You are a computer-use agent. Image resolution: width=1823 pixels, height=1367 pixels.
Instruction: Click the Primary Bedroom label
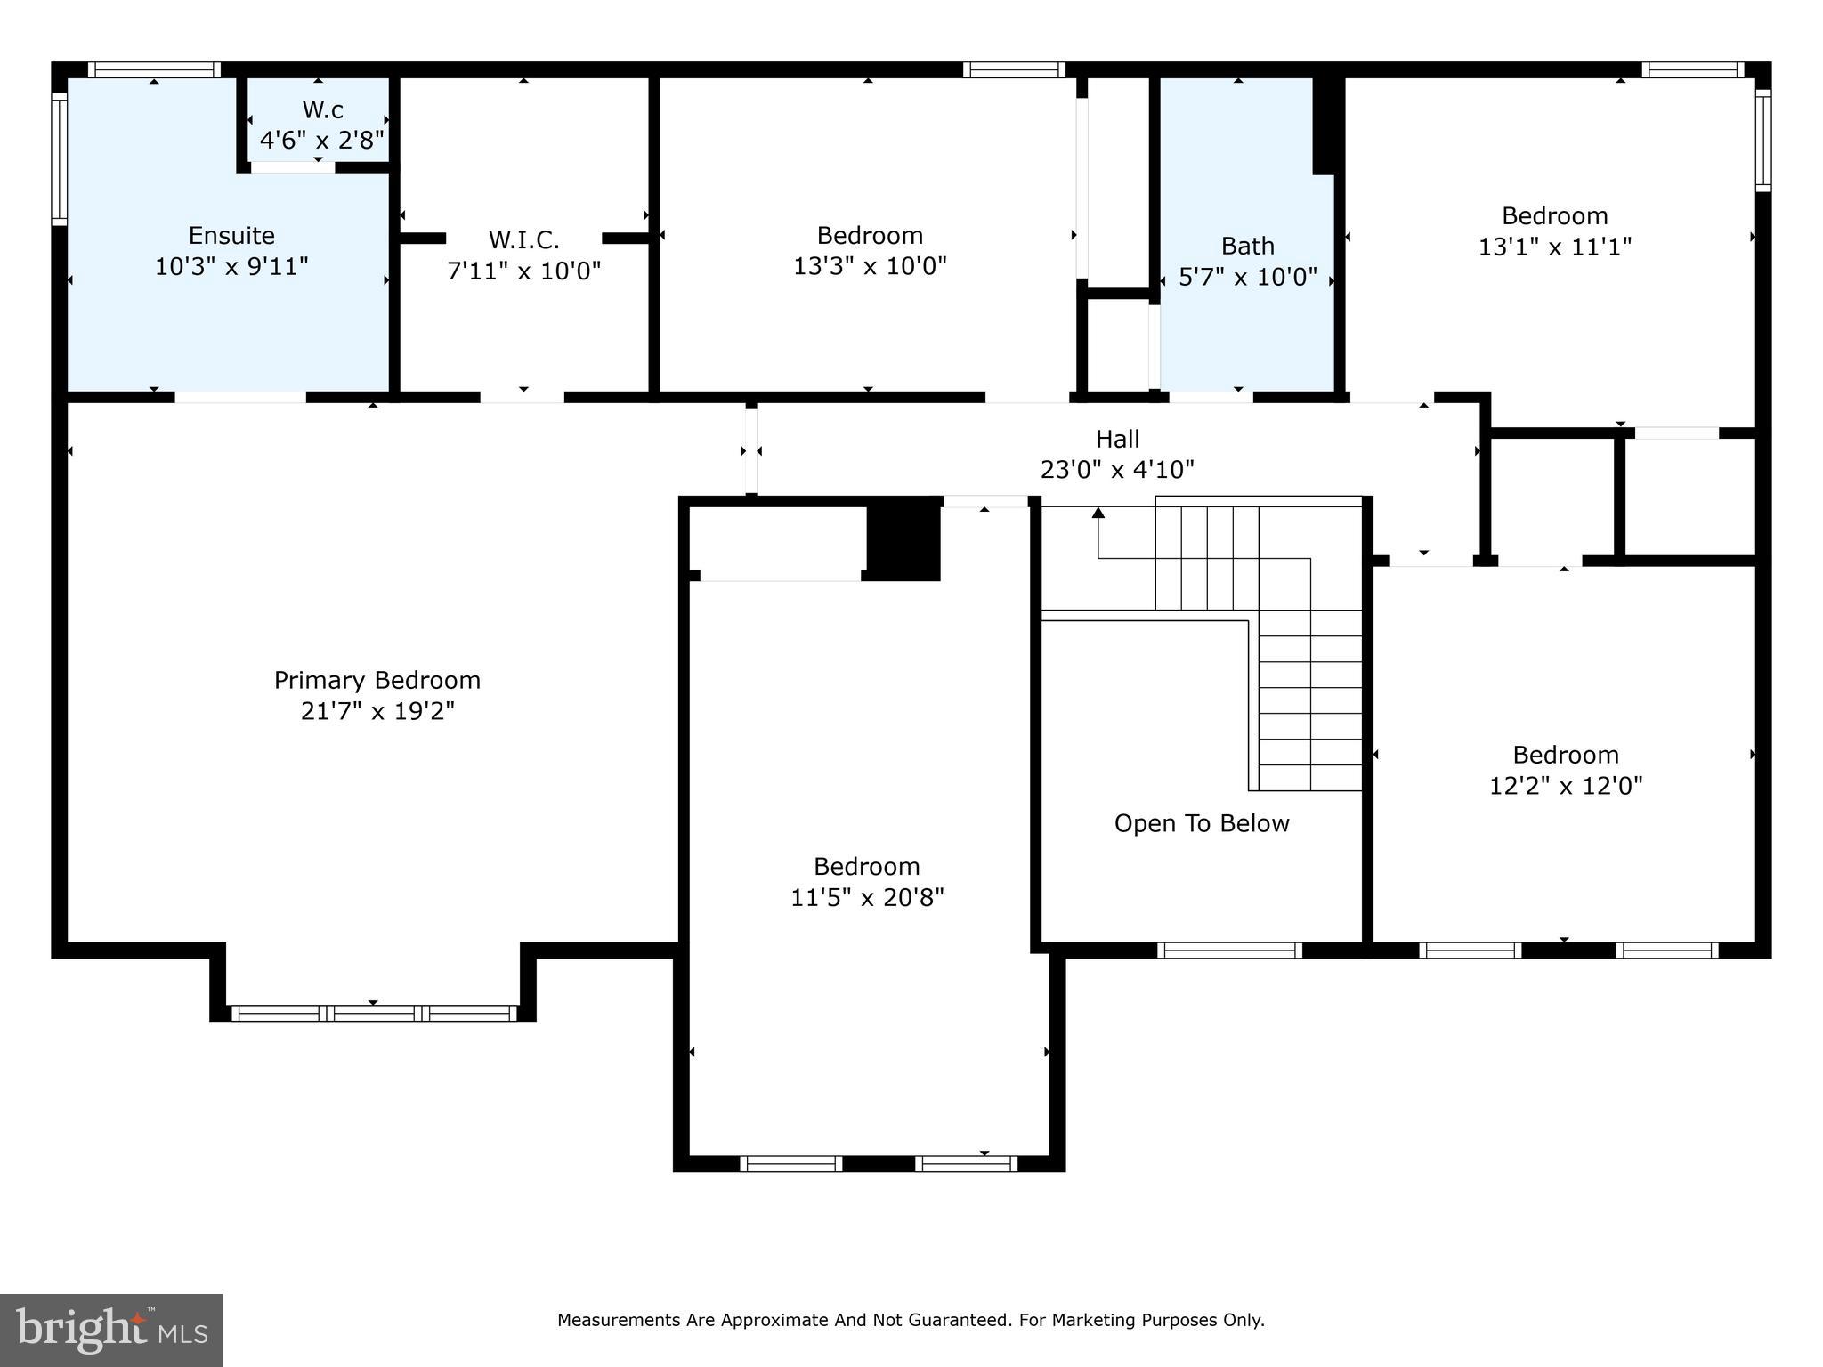click(377, 680)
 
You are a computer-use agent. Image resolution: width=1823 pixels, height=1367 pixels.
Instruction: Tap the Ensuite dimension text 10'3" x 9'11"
click(231, 266)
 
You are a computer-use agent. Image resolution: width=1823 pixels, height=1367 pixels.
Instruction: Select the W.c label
click(322, 109)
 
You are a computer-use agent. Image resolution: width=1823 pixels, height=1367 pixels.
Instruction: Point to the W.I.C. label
click(523, 239)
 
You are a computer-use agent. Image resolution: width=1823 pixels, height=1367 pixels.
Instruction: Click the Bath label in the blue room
click(1247, 246)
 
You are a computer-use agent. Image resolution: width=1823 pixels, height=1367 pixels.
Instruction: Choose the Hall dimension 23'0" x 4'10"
click(1117, 469)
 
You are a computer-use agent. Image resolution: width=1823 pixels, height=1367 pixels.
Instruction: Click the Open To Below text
click(1201, 823)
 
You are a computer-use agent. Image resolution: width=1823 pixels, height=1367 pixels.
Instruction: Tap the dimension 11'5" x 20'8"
click(867, 897)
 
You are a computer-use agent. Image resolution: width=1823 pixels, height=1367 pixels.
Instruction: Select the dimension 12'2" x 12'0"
click(1565, 786)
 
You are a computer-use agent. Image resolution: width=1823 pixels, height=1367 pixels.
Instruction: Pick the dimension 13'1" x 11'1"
click(1554, 247)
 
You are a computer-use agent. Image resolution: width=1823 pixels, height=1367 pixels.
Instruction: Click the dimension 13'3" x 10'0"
click(870, 266)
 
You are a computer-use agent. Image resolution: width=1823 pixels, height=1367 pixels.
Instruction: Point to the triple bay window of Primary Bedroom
click(374, 1013)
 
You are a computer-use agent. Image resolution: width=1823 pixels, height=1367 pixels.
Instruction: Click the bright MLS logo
click(111, 1331)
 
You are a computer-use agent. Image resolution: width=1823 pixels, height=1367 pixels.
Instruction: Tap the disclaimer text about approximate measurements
click(911, 1320)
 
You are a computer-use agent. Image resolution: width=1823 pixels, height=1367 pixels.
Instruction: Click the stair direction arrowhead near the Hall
click(1098, 513)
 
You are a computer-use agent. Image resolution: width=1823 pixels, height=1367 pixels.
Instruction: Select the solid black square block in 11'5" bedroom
click(903, 538)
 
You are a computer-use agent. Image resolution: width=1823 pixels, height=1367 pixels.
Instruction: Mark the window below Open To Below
click(1229, 950)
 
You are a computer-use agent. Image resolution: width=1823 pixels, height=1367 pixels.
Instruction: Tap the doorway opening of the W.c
click(292, 167)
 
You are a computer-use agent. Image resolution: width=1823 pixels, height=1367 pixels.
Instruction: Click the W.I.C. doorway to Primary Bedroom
click(523, 397)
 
